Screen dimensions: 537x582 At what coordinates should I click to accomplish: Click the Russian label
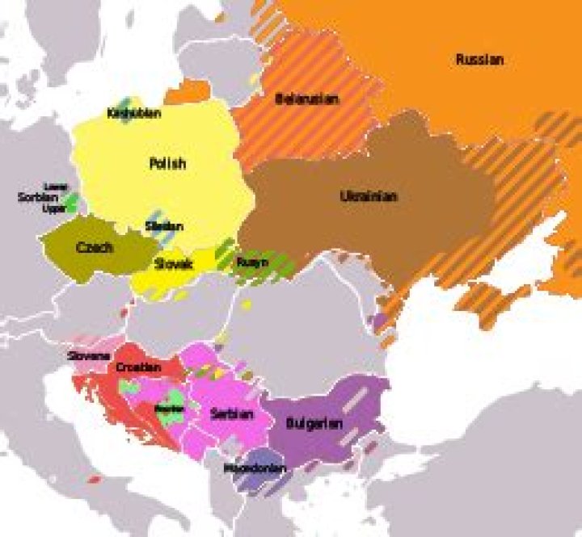coord(479,60)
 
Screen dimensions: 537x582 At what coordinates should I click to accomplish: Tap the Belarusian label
coord(306,99)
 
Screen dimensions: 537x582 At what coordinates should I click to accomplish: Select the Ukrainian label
coord(369,196)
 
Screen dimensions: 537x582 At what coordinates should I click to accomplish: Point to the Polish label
coord(167,163)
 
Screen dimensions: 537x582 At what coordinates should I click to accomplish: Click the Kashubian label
coord(133,114)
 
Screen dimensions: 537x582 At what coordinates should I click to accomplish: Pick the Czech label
coord(94,248)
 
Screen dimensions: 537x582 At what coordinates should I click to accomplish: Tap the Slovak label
coord(174,263)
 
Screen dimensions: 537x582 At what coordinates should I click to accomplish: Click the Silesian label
coord(164,227)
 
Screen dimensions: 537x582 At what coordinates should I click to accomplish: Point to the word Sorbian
coord(38,197)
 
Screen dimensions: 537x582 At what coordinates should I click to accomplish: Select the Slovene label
coord(90,355)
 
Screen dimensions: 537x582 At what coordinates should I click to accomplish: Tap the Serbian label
coord(232,414)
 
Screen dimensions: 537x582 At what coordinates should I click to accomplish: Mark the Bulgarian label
coord(314,423)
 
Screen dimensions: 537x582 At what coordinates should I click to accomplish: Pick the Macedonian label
coord(251,468)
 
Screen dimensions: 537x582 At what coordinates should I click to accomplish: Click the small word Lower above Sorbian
coord(55,187)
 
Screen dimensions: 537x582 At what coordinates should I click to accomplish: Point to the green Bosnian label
coord(169,409)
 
